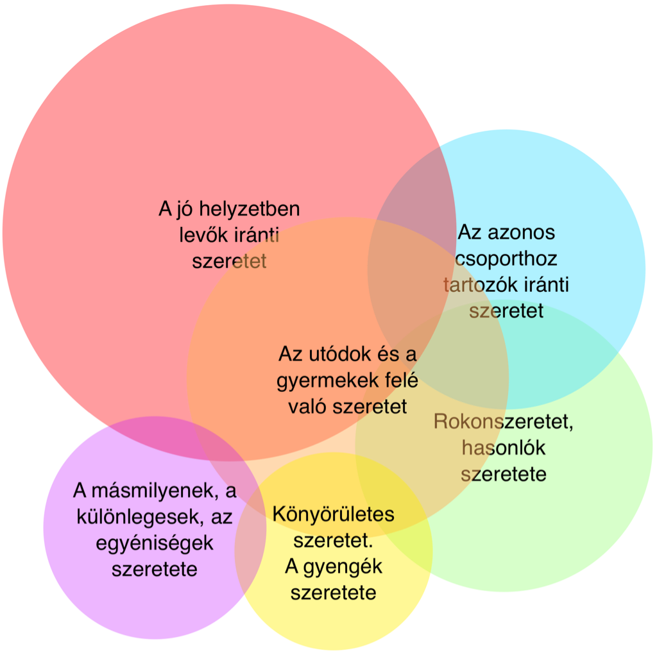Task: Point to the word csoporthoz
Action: click(506, 259)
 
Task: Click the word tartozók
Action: click(477, 285)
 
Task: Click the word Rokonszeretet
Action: click(502, 421)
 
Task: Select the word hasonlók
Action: click(504, 448)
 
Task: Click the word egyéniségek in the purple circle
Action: click(155, 543)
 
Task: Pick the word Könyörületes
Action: click(334, 514)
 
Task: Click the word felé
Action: click(401, 380)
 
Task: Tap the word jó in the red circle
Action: click(186, 210)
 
